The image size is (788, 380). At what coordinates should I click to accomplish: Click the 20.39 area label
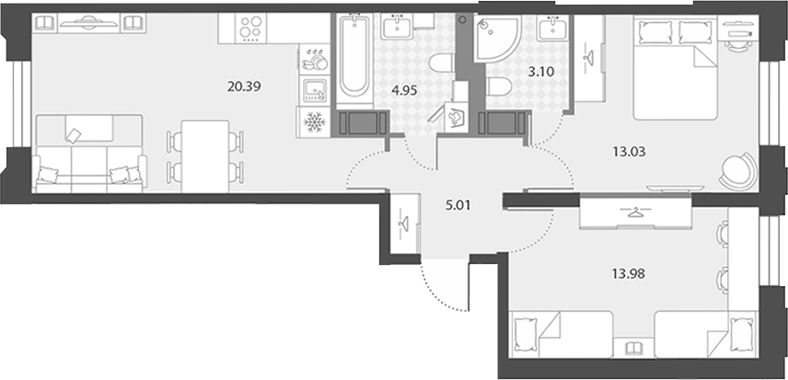(x=244, y=86)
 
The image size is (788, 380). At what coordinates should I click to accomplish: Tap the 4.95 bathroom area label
(x=404, y=92)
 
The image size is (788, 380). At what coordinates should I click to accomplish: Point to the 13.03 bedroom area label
(x=629, y=151)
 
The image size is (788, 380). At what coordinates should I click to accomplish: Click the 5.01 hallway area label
(x=458, y=205)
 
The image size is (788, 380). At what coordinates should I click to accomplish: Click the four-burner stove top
(x=250, y=28)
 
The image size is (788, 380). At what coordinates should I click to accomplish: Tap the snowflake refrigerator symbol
(x=314, y=122)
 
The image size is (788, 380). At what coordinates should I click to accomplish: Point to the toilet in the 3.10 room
(x=499, y=86)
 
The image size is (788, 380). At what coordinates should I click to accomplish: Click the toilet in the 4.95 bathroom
(x=442, y=63)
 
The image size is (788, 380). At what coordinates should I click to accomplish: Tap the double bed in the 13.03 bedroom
(x=675, y=67)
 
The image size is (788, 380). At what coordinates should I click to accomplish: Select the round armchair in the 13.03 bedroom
(x=737, y=172)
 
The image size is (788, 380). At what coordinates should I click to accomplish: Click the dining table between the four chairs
(x=205, y=156)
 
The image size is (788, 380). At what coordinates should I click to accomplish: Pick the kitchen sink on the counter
(x=315, y=90)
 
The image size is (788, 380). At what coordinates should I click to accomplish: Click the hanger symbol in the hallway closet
(x=403, y=222)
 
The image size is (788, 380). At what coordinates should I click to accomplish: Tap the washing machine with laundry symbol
(x=457, y=119)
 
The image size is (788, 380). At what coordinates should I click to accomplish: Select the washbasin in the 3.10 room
(x=552, y=28)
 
